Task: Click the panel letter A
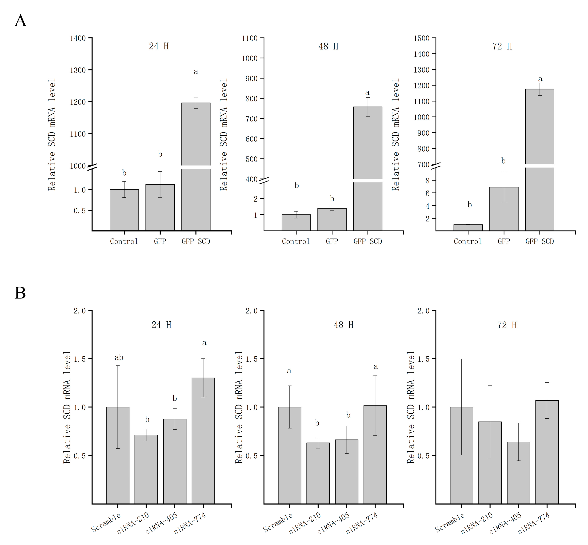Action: point(20,21)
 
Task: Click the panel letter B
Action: point(20,293)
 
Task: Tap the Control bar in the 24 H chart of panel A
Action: point(124,210)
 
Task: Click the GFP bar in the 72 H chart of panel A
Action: point(504,209)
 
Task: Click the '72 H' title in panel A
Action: point(502,46)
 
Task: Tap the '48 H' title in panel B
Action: point(344,325)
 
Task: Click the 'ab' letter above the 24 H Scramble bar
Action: point(119,358)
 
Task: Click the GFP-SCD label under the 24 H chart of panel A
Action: point(196,242)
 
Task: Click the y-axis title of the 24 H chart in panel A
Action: point(52,135)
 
